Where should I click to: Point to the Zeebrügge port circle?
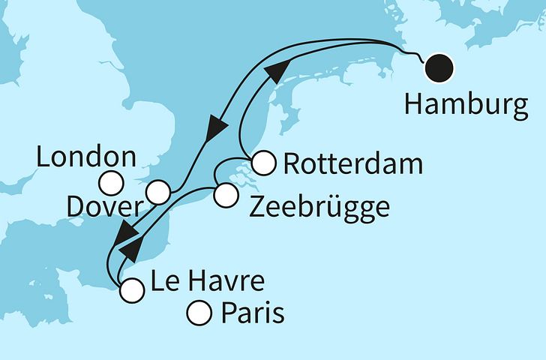coord(224,196)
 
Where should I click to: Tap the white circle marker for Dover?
coord(158,192)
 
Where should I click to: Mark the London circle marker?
coord(112,181)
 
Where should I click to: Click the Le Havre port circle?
coord(132,289)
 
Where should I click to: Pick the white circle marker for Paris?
coord(199,311)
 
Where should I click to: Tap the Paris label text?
coord(253,312)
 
